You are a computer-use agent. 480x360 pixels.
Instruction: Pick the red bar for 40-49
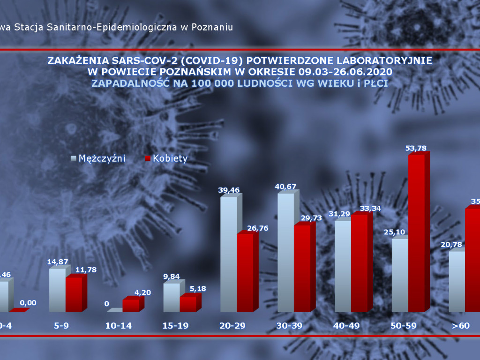[x=359, y=263]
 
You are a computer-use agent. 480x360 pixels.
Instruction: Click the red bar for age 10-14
[x=130, y=306]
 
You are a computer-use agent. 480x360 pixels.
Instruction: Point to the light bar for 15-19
[x=171, y=297]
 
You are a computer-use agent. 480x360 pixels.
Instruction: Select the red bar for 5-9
[x=74, y=294]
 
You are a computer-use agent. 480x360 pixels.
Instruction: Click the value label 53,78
[x=416, y=149]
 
